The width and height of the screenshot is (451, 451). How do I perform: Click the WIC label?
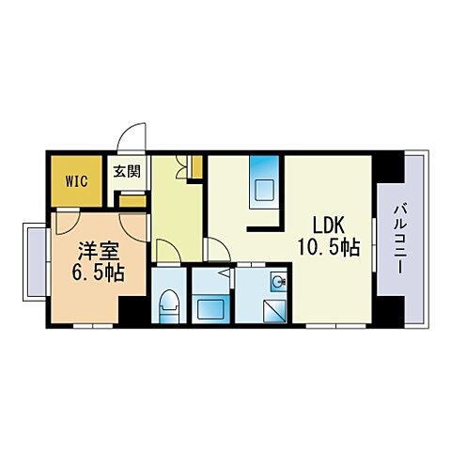click(77, 178)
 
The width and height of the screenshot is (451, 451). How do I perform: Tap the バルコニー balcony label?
click(400, 237)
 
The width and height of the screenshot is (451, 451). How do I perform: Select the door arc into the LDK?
click(216, 249)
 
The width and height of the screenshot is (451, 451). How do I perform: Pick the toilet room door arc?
click(165, 251)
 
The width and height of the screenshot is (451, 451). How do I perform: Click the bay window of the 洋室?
click(34, 257)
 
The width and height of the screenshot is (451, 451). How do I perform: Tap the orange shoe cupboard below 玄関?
click(132, 199)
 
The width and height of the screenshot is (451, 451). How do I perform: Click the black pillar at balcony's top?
click(386, 167)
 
